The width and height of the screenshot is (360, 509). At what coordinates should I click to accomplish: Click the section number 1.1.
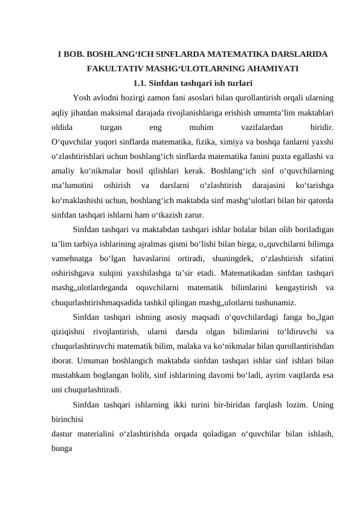point(140,82)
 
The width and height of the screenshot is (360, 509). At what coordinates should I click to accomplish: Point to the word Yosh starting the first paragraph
point(81,97)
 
